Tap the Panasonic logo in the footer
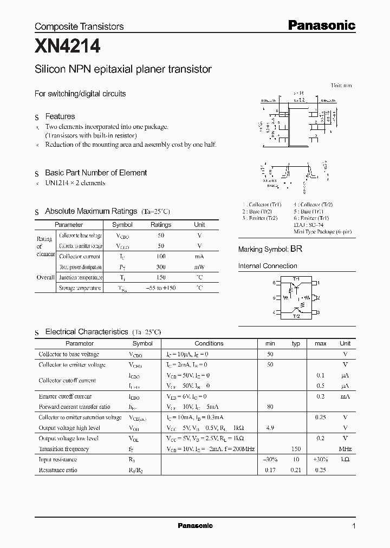click(195, 525)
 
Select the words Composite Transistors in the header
click(79, 27)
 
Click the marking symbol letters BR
click(296, 249)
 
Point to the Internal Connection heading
click(268, 266)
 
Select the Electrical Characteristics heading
click(86, 331)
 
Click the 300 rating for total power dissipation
click(161, 267)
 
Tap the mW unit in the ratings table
click(199, 267)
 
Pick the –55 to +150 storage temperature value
click(161, 288)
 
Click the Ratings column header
click(161, 225)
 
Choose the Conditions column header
click(209, 343)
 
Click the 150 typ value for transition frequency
click(296, 449)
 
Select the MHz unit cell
click(345, 449)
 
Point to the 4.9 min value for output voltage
click(270, 428)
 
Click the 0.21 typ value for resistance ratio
click(296, 470)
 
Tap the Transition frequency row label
click(63, 449)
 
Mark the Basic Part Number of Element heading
click(96, 173)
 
